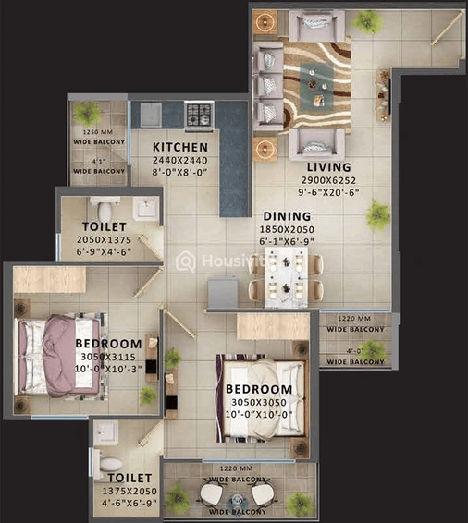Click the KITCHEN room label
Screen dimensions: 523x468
click(179, 147)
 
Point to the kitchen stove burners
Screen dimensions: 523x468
click(199, 115)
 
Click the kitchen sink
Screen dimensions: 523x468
click(147, 115)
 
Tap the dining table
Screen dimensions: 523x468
click(286, 275)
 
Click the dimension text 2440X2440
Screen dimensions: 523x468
click(179, 159)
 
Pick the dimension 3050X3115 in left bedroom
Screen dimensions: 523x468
click(107, 358)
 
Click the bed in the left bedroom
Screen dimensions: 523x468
click(55, 353)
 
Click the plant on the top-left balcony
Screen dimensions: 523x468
click(87, 114)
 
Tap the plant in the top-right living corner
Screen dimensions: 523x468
click(367, 21)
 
